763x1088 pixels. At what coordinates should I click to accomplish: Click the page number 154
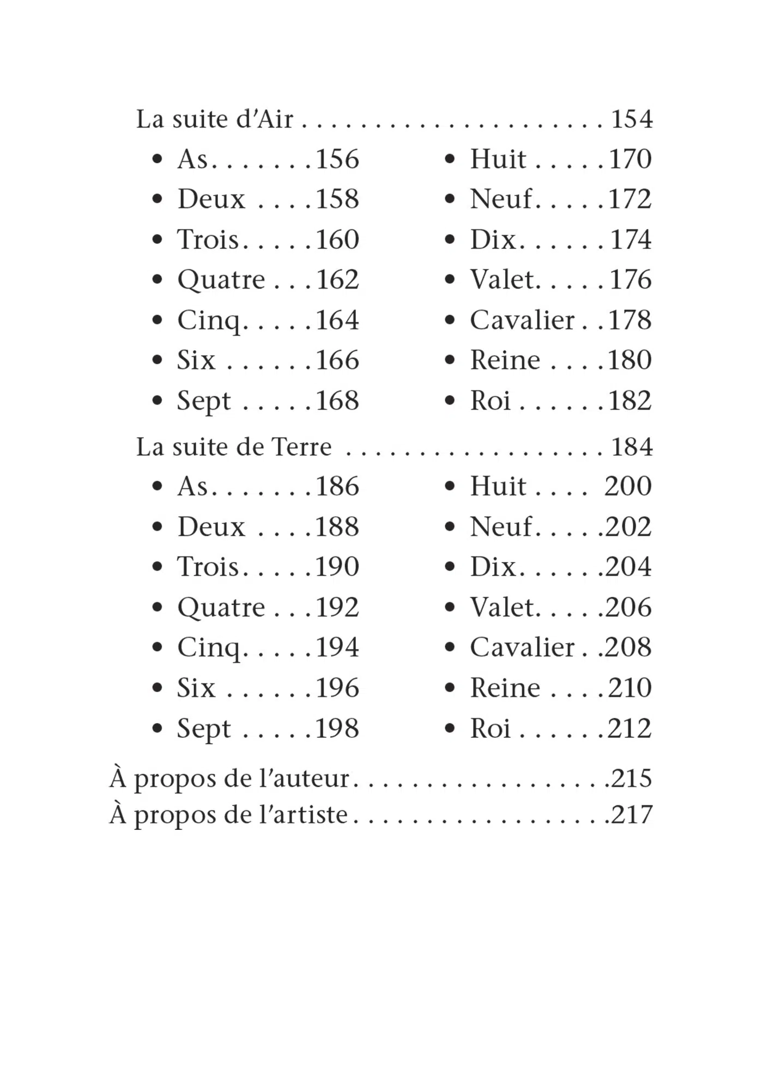632,119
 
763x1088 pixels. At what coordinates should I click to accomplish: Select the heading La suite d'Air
214,119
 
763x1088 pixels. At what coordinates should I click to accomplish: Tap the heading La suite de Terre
234,447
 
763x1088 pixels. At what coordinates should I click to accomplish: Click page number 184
632,447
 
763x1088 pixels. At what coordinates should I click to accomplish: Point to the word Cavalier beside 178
522,320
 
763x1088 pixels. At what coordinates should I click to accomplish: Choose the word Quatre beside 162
221,280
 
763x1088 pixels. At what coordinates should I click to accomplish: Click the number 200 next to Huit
628,486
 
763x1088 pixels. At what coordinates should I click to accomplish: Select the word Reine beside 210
505,688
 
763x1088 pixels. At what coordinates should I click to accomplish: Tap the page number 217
632,815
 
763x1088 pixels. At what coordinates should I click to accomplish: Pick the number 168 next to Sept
337,401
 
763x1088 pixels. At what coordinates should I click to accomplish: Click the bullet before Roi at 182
450,401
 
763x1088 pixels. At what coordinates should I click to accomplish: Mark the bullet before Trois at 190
158,566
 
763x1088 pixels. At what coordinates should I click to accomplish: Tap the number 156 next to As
337,159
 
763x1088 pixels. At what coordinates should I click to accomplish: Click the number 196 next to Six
337,688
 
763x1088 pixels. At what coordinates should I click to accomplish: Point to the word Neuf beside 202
501,527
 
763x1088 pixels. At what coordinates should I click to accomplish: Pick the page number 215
632,778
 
